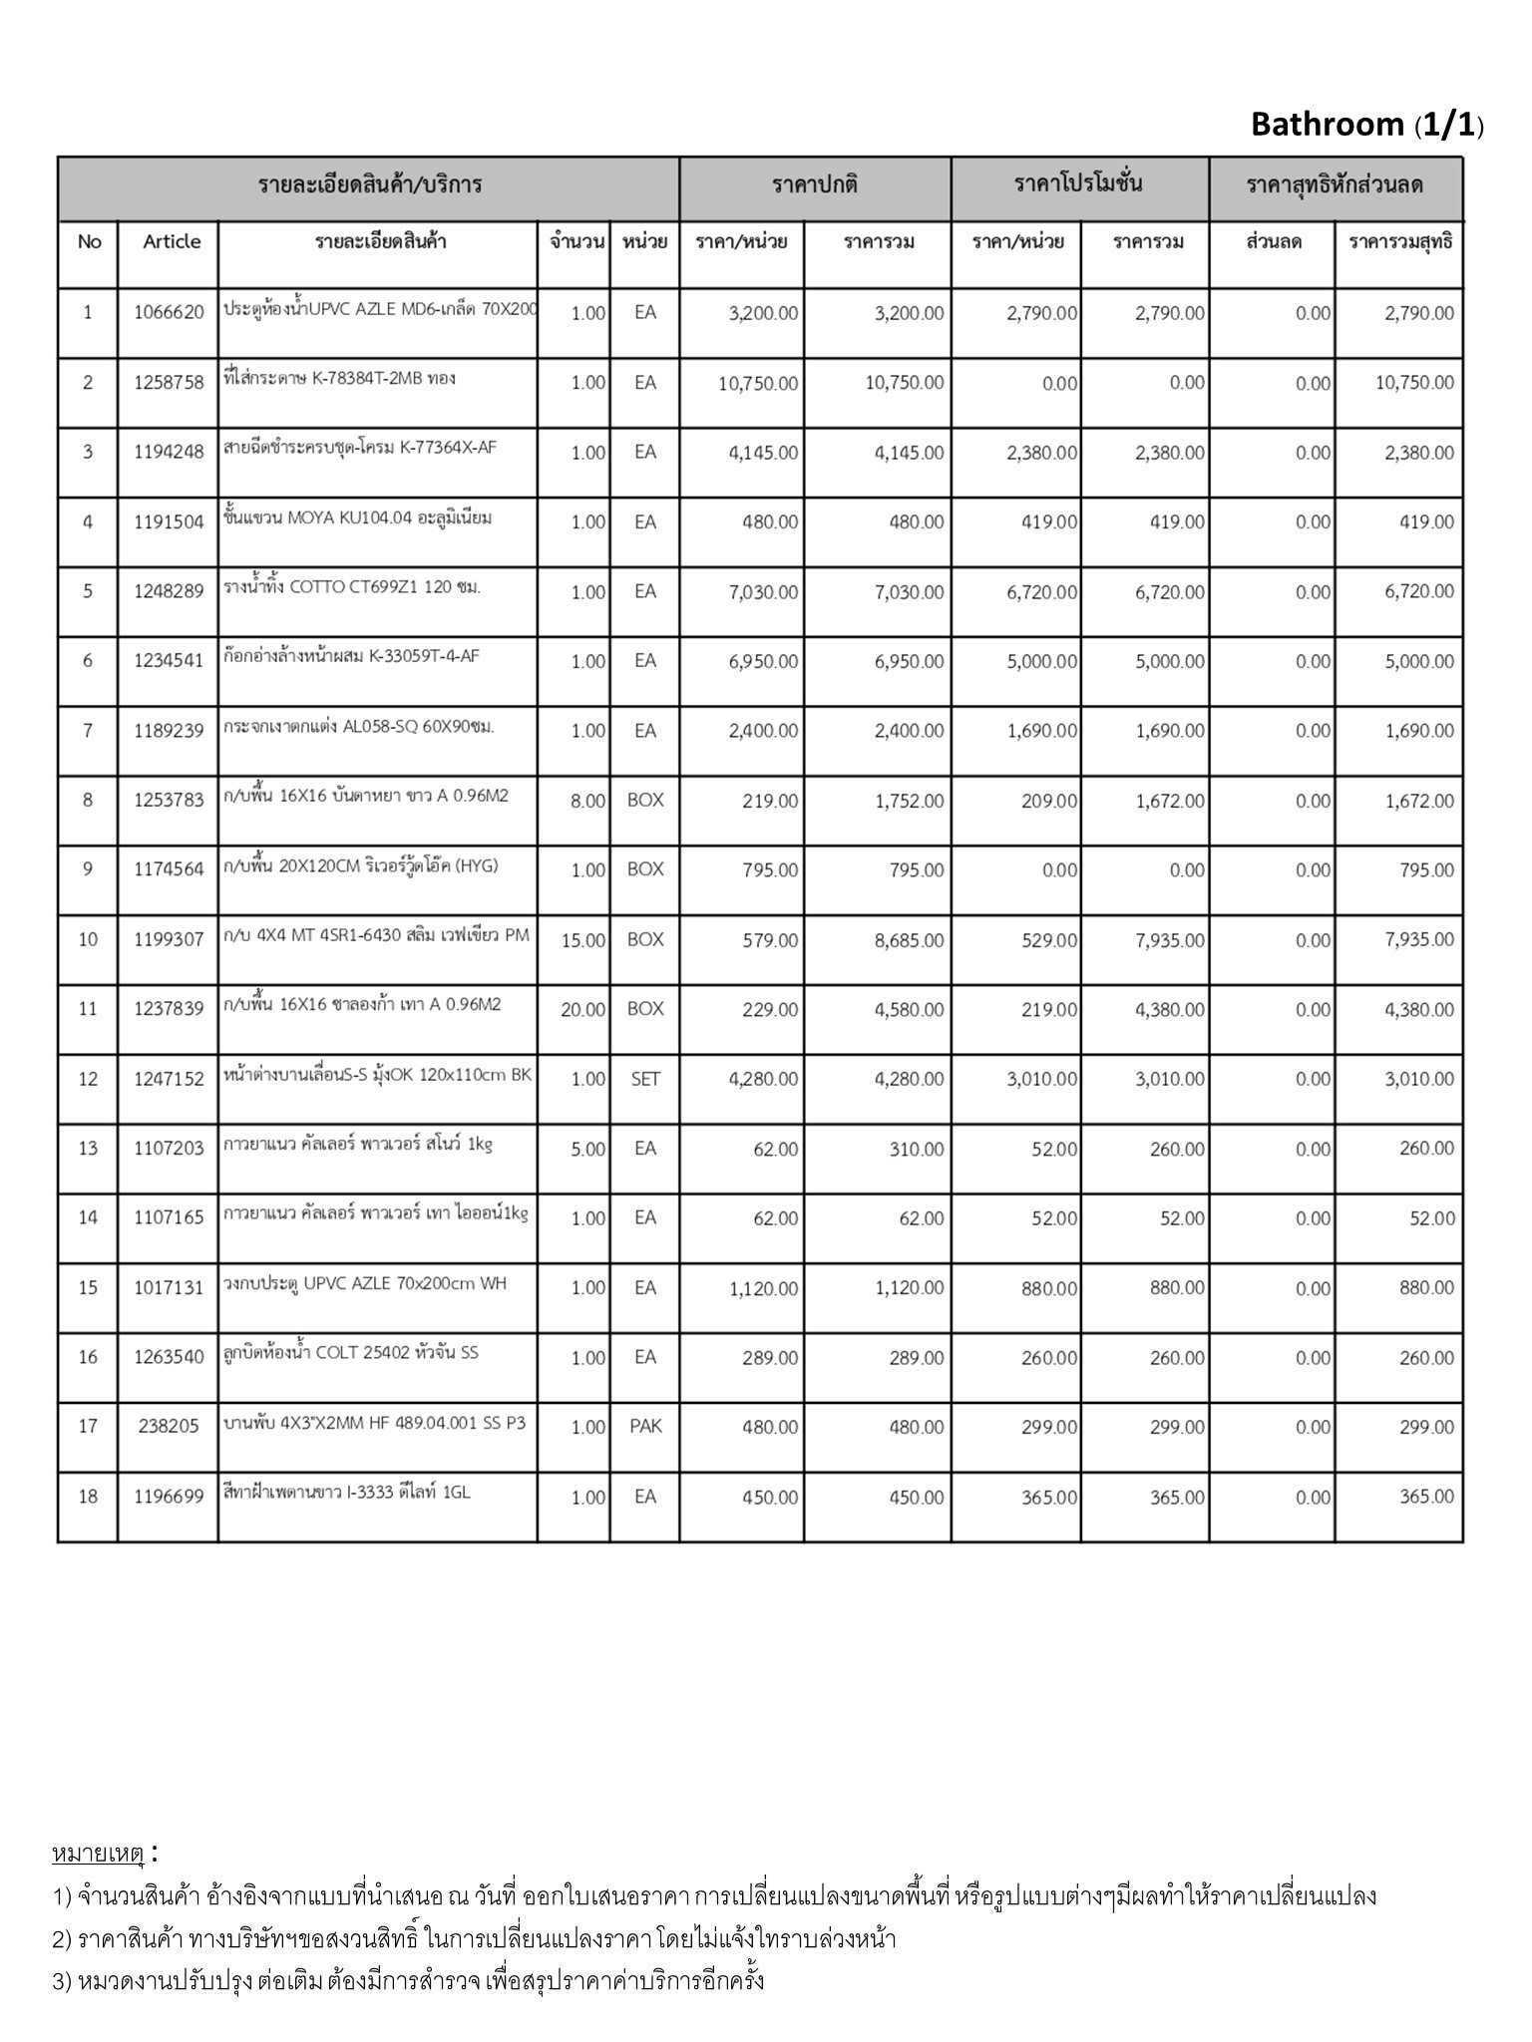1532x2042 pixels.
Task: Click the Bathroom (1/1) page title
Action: pyautogui.click(x=1366, y=125)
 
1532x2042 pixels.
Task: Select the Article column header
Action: pyautogui.click(x=172, y=241)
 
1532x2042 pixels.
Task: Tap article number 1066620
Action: pyautogui.click(x=169, y=313)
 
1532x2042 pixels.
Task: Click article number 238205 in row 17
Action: pyautogui.click(x=169, y=1427)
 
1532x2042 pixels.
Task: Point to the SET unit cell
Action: pyautogui.click(x=645, y=1079)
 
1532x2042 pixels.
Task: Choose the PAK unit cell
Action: pyautogui.click(x=645, y=1427)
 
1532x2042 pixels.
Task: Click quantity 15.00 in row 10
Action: pyautogui.click(x=583, y=940)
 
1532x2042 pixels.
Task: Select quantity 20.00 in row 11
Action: pyautogui.click(x=583, y=1010)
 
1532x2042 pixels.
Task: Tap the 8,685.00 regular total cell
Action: pyautogui.click(x=909, y=940)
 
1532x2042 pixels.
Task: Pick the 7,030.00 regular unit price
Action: pyautogui.click(x=763, y=592)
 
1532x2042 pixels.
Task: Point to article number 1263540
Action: pyautogui.click(x=169, y=1357)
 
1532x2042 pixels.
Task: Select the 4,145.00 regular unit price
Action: pyautogui.click(x=763, y=453)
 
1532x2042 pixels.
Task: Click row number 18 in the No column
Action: pyautogui.click(x=88, y=1497)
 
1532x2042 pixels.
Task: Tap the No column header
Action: pyautogui.click(x=89, y=241)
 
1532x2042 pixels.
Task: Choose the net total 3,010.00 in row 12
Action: pyautogui.click(x=1419, y=1079)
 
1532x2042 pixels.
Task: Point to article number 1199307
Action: pyautogui.click(x=169, y=939)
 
